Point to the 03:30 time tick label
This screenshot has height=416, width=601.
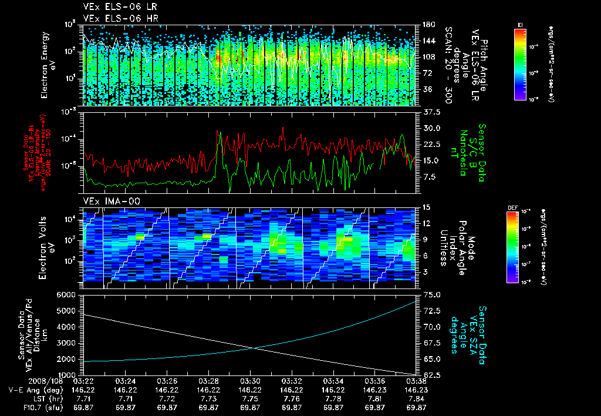coord(251,381)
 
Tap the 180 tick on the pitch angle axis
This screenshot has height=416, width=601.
coord(428,25)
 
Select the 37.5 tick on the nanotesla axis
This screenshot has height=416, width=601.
coord(432,112)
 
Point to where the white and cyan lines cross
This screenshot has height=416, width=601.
coord(255,348)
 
